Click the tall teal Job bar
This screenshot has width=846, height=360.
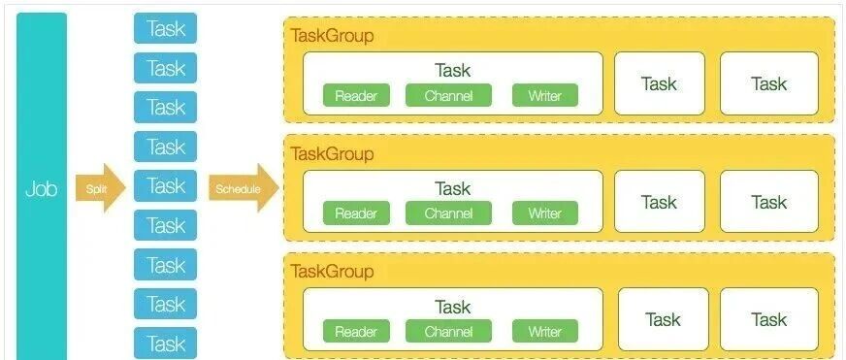pyautogui.click(x=42, y=186)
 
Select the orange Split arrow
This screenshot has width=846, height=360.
pyautogui.click(x=100, y=188)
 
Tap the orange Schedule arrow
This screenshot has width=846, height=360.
pyautogui.click(x=244, y=188)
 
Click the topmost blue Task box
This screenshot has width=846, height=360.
pyautogui.click(x=165, y=28)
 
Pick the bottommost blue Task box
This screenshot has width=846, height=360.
pyautogui.click(x=165, y=344)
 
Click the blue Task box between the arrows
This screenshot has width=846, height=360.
pyautogui.click(x=165, y=185)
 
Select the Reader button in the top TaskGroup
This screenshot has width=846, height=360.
pyautogui.click(x=356, y=96)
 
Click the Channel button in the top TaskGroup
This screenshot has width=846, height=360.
pyautogui.click(x=448, y=96)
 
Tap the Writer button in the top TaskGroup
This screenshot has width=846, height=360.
pyautogui.click(x=545, y=96)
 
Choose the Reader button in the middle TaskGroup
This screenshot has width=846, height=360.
pyautogui.click(x=356, y=213)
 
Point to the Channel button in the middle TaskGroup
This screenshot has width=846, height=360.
pyautogui.click(x=448, y=213)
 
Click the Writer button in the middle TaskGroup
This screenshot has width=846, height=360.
pyautogui.click(x=545, y=213)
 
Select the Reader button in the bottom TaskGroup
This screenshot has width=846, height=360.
pyautogui.click(x=356, y=331)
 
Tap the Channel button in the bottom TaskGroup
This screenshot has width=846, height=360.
pyautogui.click(x=448, y=331)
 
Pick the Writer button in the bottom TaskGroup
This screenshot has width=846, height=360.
pyautogui.click(x=545, y=331)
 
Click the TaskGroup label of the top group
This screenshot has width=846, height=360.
pyautogui.click(x=332, y=36)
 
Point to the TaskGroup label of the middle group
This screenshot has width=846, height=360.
pyautogui.click(x=332, y=154)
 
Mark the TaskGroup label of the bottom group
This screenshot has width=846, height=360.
pyautogui.click(x=332, y=271)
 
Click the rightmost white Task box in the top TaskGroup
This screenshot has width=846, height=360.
pyautogui.click(x=768, y=83)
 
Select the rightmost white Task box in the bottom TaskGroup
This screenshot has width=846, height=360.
pyautogui.click(x=768, y=319)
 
